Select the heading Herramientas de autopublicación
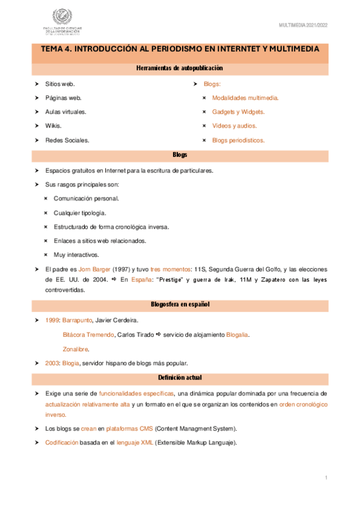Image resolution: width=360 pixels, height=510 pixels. (180, 69)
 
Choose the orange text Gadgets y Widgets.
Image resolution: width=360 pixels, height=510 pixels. (238, 112)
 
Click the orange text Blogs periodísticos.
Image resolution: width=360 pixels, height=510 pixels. (238, 140)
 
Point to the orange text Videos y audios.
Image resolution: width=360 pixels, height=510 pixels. (234, 126)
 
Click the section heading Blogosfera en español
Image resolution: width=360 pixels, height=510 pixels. (180, 305)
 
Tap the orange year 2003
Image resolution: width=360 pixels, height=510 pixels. (52, 363)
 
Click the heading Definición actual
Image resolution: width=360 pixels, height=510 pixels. (180, 377)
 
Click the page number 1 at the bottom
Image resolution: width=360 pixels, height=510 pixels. (325, 478)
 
